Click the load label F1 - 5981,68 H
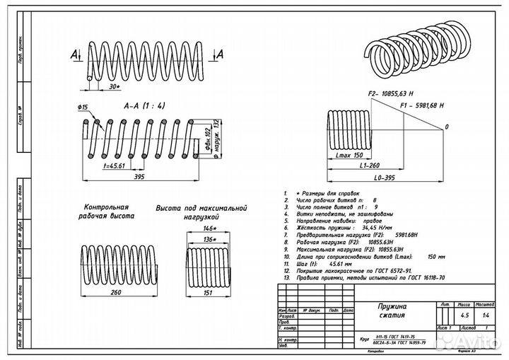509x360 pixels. (x=422, y=105)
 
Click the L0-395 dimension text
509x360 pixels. (x=385, y=178)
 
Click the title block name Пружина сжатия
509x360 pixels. (x=392, y=310)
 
